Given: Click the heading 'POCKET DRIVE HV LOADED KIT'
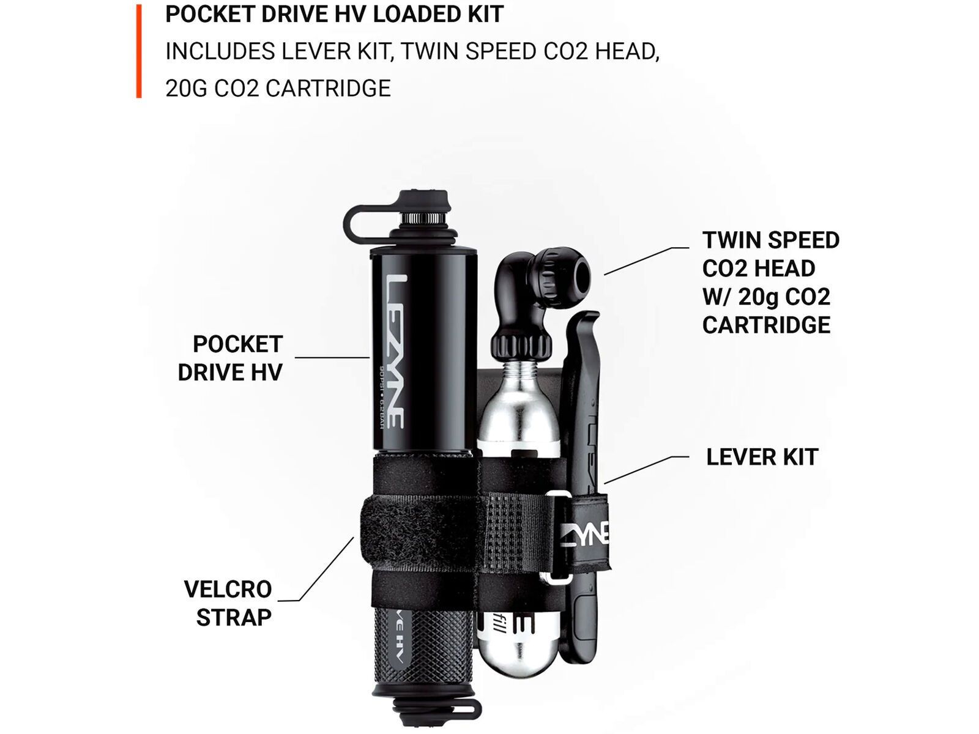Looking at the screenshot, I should [334, 14].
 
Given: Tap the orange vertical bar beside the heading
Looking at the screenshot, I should [139, 51].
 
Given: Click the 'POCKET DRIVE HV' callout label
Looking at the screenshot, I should [231, 358].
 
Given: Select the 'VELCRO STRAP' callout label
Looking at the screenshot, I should [228, 603].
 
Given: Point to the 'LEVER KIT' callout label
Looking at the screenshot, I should [762, 457].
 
